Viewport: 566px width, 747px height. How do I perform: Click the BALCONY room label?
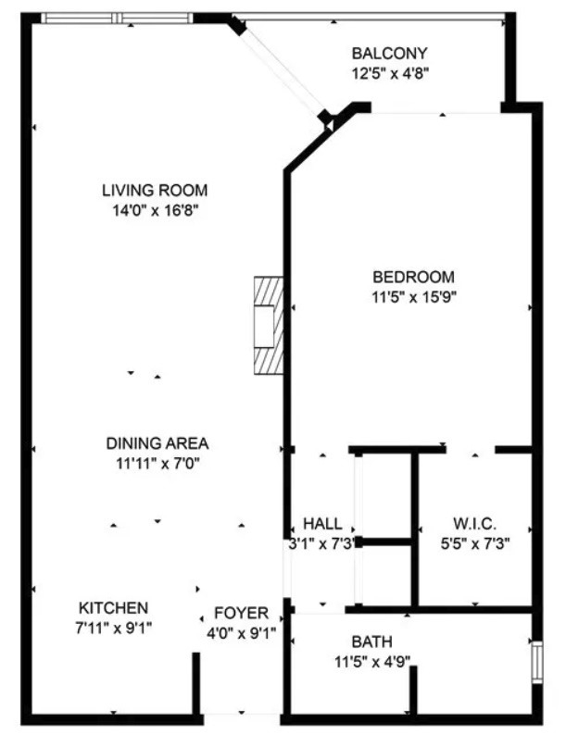click(389, 53)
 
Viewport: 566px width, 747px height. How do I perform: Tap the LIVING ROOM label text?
click(155, 190)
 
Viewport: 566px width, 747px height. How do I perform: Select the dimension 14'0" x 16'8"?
click(155, 210)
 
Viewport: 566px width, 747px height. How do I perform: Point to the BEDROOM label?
click(413, 277)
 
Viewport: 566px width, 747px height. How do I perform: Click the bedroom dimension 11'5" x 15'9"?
click(414, 297)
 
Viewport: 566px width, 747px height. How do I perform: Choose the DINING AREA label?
click(157, 443)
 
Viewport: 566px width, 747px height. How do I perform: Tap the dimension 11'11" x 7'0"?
click(157, 463)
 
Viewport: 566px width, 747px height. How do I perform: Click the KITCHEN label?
click(114, 608)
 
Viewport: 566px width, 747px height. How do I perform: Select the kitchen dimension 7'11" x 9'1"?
click(114, 628)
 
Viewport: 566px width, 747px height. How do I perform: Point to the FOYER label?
click(241, 613)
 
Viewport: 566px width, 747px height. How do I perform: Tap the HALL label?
click(322, 524)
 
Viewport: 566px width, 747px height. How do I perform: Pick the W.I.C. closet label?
click(475, 524)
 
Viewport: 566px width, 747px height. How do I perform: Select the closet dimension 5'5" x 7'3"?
click(475, 543)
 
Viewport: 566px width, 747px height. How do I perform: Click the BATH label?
click(371, 641)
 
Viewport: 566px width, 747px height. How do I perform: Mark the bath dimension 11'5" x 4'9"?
click(372, 662)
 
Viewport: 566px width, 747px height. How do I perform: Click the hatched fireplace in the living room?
click(269, 326)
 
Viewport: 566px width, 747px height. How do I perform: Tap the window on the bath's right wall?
click(537, 662)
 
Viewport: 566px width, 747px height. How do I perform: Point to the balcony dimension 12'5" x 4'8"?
click(390, 73)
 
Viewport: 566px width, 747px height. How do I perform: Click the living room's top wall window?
click(118, 19)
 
